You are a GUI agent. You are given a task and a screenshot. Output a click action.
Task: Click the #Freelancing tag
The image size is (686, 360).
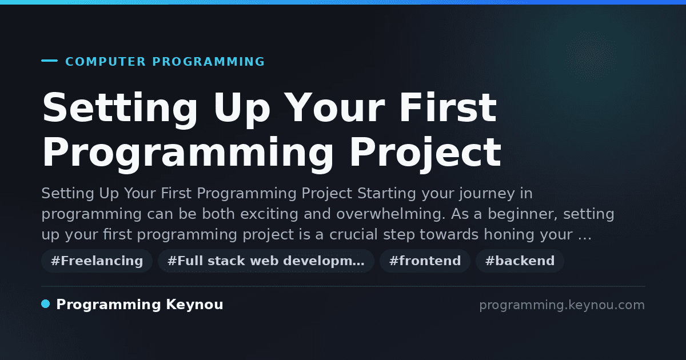(97, 261)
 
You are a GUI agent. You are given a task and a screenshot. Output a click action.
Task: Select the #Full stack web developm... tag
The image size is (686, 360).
(266, 261)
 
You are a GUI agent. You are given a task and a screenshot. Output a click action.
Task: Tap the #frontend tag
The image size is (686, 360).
(425, 261)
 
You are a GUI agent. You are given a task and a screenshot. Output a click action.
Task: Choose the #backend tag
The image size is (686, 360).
(520, 261)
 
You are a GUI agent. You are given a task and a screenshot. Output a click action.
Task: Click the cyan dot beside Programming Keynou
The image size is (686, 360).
(46, 304)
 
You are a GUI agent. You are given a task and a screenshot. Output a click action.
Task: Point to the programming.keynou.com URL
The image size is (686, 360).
(562, 305)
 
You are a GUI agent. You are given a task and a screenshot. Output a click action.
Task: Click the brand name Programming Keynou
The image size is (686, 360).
(139, 305)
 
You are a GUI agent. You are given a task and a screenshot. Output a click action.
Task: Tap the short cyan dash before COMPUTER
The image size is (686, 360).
(49, 61)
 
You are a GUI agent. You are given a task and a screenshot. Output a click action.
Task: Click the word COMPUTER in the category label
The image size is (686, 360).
(106, 62)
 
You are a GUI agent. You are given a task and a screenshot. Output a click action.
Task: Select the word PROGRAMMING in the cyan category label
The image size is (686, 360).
(209, 62)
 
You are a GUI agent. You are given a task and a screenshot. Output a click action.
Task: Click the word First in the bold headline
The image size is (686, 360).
(448, 107)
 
